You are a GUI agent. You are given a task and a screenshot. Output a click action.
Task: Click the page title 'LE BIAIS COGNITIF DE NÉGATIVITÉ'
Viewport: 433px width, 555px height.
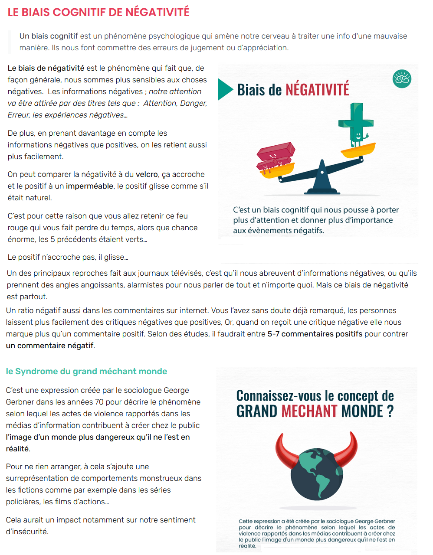(x=98, y=12)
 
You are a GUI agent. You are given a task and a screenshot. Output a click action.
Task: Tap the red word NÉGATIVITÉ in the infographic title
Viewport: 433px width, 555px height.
(x=317, y=90)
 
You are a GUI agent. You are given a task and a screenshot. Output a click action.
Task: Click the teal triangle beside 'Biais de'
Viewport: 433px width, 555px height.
(x=225, y=89)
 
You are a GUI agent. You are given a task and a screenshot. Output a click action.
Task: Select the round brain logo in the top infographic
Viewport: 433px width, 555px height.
(x=402, y=79)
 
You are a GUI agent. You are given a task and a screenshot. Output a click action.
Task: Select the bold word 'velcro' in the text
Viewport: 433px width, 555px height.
(x=147, y=174)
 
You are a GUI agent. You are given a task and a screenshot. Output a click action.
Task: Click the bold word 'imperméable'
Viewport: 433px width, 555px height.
(x=90, y=186)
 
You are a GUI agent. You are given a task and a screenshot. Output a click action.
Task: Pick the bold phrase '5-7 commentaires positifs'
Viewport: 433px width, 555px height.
(x=315, y=334)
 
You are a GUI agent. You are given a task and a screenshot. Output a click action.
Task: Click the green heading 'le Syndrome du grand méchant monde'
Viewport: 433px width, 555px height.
(x=86, y=371)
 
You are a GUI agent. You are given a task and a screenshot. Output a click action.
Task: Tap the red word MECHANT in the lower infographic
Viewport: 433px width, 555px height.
(x=309, y=411)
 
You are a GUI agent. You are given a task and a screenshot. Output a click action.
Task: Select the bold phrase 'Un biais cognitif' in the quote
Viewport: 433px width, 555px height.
(x=49, y=36)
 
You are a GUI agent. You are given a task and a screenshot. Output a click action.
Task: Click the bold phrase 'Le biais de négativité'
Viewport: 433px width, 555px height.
(x=46, y=68)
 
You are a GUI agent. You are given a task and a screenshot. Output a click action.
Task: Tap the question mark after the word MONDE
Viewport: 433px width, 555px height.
(x=390, y=411)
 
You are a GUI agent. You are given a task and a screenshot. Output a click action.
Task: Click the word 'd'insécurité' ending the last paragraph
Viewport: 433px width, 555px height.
(x=27, y=532)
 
